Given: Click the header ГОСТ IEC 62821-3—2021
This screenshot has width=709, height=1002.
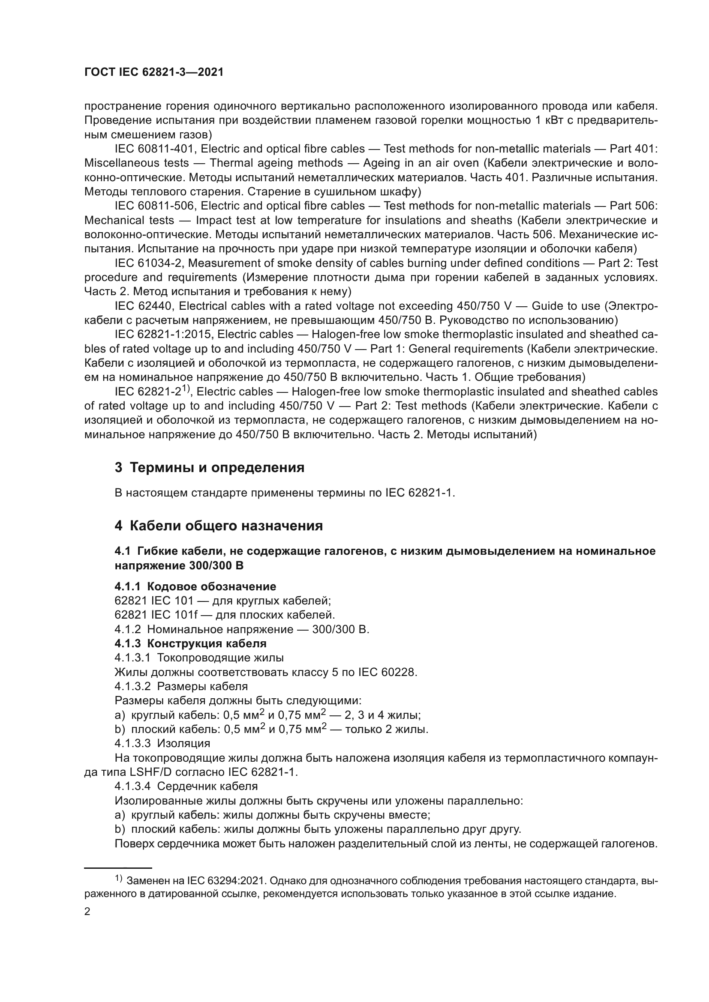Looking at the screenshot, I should (154, 72).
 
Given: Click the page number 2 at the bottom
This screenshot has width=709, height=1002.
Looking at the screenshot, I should (87, 912).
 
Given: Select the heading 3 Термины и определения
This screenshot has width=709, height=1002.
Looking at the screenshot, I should (210, 467).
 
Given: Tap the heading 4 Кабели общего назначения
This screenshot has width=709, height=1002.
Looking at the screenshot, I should (219, 526).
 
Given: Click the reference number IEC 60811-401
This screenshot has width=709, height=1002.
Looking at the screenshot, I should (154, 149).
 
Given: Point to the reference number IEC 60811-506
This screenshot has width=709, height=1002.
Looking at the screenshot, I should (154, 206).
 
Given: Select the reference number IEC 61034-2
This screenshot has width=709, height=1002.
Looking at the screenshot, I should (148, 263).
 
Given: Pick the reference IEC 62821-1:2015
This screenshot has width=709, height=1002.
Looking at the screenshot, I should (163, 334).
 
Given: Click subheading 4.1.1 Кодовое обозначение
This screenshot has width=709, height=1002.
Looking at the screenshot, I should (195, 586).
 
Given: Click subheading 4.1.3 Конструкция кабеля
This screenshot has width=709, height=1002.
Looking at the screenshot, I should (190, 643).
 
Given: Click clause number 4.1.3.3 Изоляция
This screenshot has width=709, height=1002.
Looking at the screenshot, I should (162, 743).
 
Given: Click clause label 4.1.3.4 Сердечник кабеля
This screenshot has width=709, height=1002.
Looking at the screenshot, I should (186, 787).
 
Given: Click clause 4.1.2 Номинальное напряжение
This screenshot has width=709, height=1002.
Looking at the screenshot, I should (241, 629).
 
